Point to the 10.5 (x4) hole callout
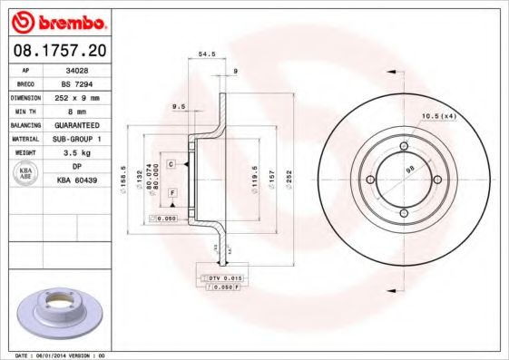pos(438,115)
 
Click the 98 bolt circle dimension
pos(409,169)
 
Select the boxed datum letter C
pos(171,164)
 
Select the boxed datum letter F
pos(171,195)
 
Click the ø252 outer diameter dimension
pos(289,172)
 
